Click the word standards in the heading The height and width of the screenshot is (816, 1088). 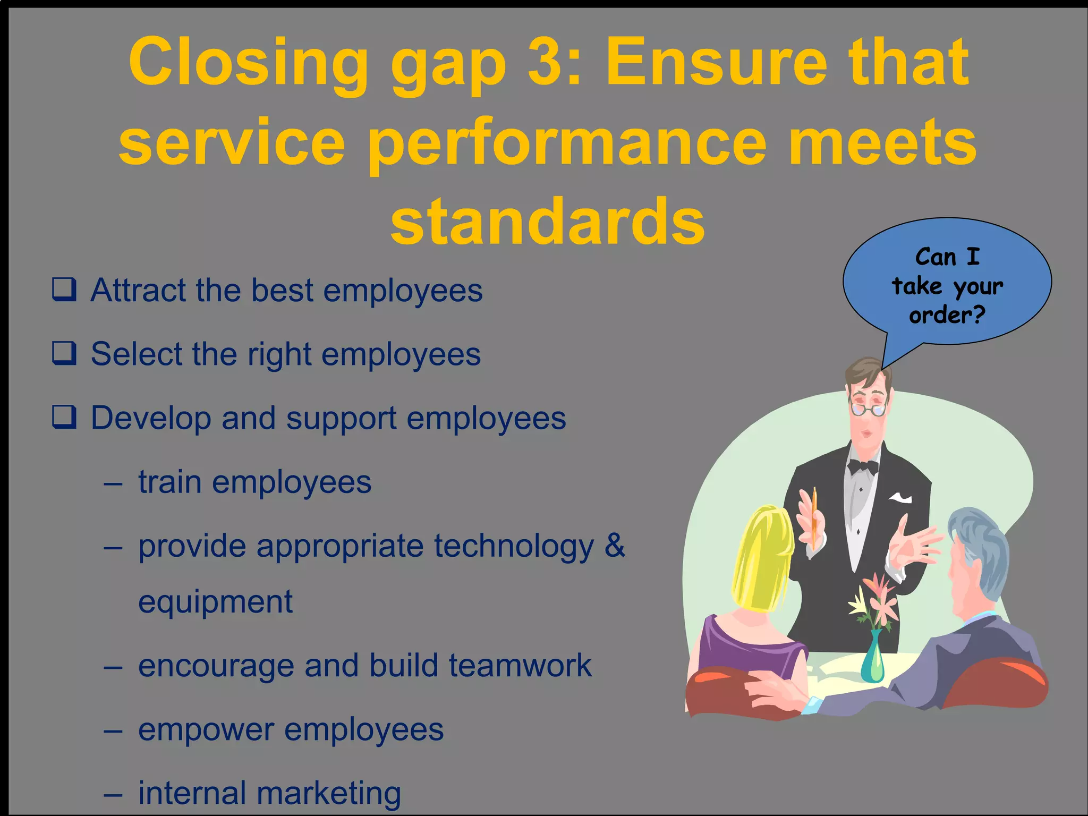pos(547,222)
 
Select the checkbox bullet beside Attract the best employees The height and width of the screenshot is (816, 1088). pos(64,290)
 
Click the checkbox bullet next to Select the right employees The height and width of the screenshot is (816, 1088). pos(64,354)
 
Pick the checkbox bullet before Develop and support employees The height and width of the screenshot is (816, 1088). pos(64,418)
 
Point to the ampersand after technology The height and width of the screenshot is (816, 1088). pos(615,545)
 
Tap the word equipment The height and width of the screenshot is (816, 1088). pos(215,602)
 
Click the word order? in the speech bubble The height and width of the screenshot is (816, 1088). pos(947,316)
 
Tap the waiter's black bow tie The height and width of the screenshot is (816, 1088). pos(863,467)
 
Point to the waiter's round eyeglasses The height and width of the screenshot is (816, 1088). pos(868,410)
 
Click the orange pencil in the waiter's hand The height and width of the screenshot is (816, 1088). pos(814,518)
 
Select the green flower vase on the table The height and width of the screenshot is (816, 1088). pos(872,659)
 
